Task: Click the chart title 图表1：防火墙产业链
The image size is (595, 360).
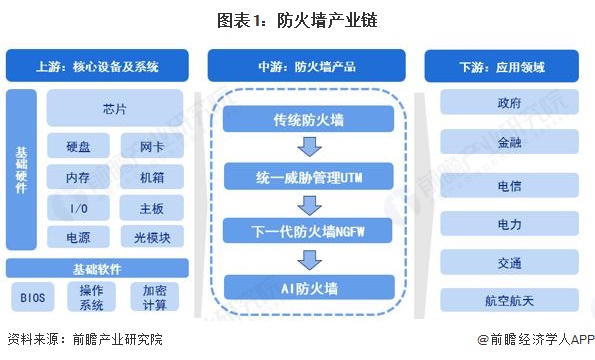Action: pyautogui.click(x=297, y=19)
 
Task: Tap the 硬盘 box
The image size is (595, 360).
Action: pyautogui.click(x=80, y=148)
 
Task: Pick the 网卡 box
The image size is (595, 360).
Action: pyautogui.click(x=152, y=148)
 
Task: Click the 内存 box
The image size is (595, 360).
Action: pyautogui.click(x=80, y=178)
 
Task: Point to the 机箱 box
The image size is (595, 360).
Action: pyautogui.click(x=152, y=178)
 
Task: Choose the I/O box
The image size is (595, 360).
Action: pyautogui.click(x=80, y=208)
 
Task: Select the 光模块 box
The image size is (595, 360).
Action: pyautogui.click(x=152, y=237)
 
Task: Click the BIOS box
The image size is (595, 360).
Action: pyautogui.click(x=31, y=297)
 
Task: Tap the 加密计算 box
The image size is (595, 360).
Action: pyautogui.click(x=156, y=297)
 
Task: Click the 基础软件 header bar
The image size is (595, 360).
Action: pyautogui.click(x=96, y=268)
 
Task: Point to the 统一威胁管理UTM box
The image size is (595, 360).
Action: pyautogui.click(x=309, y=178)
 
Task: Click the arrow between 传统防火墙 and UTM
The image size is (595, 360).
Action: pyautogui.click(x=309, y=149)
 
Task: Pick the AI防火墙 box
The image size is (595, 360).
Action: pyautogui.click(x=309, y=289)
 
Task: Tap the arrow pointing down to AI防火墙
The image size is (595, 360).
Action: pyautogui.click(x=309, y=261)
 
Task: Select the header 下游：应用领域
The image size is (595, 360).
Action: pyautogui.click(x=500, y=68)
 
